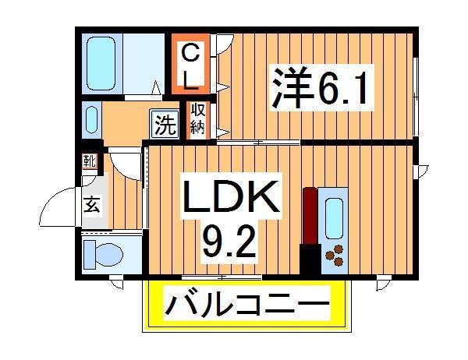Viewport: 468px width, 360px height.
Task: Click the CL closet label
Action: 191,65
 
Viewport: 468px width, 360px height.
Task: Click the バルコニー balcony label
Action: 246,304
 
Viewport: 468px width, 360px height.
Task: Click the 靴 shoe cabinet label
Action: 90,162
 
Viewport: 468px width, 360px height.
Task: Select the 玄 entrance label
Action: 92,206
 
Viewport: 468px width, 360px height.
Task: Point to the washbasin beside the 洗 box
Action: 90,121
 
